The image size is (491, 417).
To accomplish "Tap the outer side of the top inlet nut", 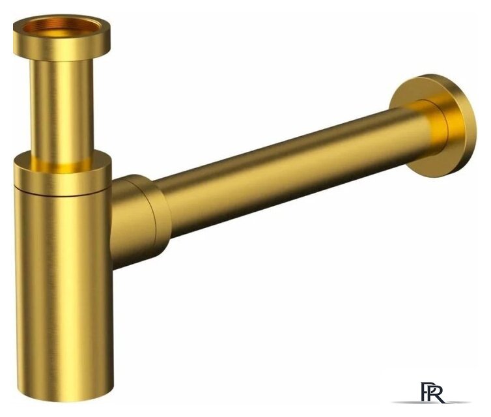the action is point(62,50).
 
